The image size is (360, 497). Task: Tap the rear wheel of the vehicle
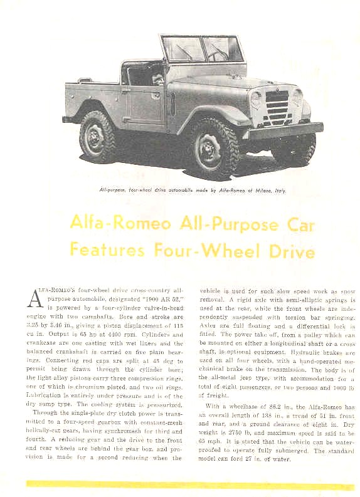coord(98,137)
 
